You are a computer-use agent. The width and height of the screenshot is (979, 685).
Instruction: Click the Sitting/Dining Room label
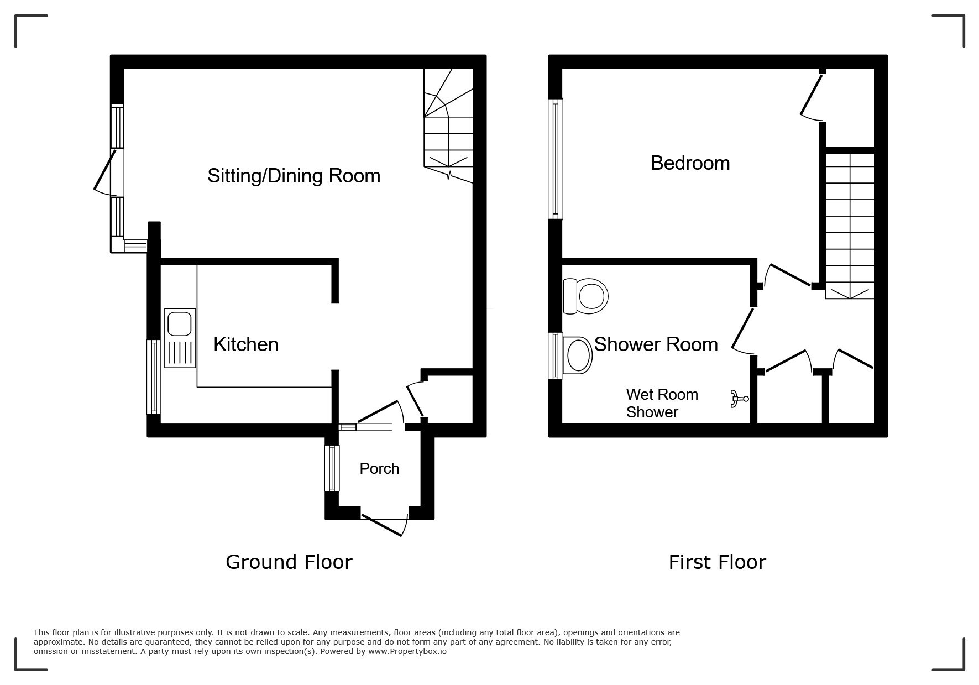tap(294, 176)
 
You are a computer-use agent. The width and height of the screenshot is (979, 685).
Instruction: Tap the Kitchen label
tap(246, 344)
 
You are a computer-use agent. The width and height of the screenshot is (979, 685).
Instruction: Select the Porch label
tap(379, 468)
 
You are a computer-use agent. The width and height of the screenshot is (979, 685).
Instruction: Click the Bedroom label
tap(690, 163)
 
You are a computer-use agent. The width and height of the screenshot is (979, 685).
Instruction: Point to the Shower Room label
tap(656, 344)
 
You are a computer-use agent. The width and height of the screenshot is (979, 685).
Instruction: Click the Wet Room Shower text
tap(662, 403)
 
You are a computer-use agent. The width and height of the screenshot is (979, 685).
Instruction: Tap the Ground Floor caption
tap(289, 562)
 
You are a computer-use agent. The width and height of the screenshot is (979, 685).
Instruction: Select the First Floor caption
tap(717, 562)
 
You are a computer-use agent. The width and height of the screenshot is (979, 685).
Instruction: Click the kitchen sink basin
tap(180, 324)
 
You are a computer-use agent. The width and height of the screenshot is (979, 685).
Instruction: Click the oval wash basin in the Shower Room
tap(577, 354)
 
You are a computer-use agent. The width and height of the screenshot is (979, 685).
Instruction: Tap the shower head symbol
tap(739, 399)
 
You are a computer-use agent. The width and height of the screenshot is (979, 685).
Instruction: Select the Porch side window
tap(332, 468)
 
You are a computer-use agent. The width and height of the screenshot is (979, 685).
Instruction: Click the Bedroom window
tap(556, 159)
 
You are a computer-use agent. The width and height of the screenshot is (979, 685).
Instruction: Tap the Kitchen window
tap(153, 377)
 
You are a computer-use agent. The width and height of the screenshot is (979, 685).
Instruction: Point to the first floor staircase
tap(850, 226)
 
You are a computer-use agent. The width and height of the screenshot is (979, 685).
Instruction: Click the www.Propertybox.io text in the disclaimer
tap(407, 651)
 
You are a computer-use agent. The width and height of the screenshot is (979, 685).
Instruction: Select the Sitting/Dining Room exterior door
tap(105, 171)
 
